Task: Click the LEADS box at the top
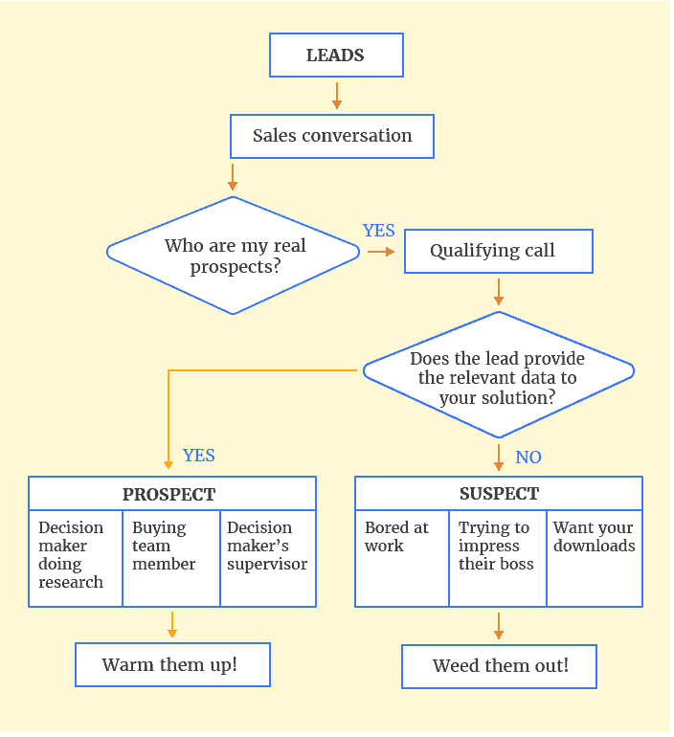coord(336,55)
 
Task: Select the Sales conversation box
coord(332,136)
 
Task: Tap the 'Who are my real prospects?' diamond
coord(234,255)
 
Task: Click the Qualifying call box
coord(498,252)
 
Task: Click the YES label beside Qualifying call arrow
coord(379,231)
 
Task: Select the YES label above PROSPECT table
coord(198,456)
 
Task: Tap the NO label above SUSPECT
coord(528,458)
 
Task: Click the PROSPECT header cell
coord(171,494)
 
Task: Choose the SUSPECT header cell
coord(499,494)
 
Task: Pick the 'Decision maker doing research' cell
coord(75,558)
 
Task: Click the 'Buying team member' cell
coord(171,558)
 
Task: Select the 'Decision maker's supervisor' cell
coord(268,558)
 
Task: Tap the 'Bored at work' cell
coord(402,558)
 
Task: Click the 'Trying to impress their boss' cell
coord(498,558)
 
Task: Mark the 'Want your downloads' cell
coord(595,558)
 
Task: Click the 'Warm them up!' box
coord(172,665)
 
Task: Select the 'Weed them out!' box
coord(499,666)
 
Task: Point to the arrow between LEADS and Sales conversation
coord(337,96)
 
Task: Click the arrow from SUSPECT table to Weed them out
coord(499,626)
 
